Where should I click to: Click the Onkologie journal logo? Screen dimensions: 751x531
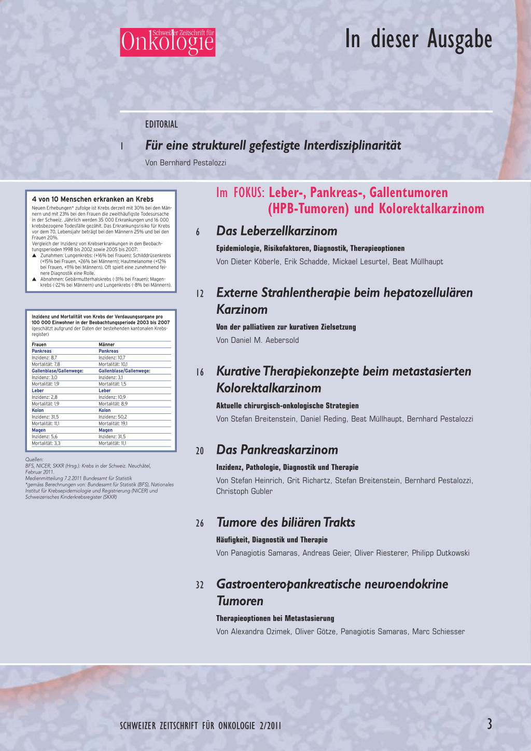click(167, 42)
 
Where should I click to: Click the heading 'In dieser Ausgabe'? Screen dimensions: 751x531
click(418, 39)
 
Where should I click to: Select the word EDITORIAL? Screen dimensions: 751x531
click(161, 124)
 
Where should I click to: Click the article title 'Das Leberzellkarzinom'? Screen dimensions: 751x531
click(276, 231)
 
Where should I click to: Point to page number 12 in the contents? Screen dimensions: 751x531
click(200, 294)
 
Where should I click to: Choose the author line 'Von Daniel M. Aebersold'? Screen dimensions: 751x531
click(257, 340)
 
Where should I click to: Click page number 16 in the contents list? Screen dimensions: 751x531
click(200, 372)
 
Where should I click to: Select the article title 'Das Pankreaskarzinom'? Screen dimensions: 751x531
click(277, 450)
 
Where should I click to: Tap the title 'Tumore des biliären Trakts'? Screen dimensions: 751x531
click(286, 523)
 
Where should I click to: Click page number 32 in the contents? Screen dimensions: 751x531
click(200, 585)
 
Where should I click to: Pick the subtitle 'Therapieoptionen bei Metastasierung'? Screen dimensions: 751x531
click(275, 618)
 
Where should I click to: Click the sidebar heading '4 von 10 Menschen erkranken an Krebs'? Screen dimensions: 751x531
click(93, 199)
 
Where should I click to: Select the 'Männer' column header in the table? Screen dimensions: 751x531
click(106, 344)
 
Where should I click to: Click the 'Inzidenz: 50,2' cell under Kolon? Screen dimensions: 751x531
click(113, 417)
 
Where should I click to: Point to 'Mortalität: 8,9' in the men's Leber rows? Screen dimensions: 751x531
click(113, 404)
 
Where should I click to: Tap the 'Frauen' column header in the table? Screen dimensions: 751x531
click(39, 344)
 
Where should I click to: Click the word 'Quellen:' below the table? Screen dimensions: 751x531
click(34, 460)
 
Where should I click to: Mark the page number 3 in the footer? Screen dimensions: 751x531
click(489, 724)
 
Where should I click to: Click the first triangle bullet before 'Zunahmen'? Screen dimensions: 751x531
click(35, 256)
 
